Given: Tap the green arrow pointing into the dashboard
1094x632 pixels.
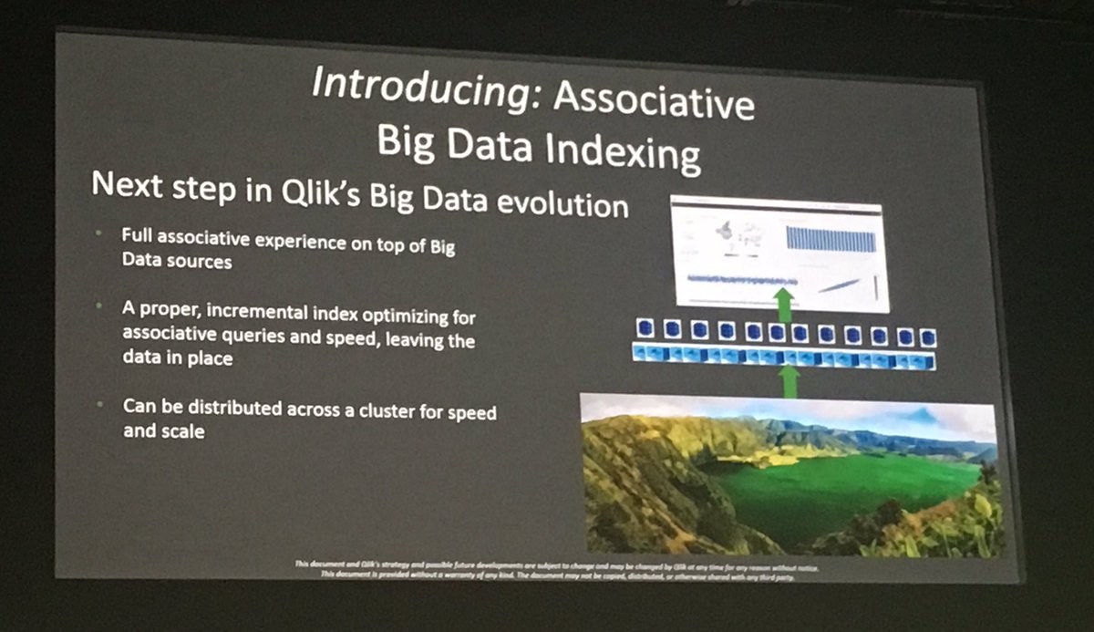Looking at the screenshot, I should [781, 300].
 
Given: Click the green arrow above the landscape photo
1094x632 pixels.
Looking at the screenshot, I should [789, 380].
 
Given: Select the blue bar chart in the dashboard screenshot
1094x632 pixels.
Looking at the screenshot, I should [830, 238].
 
